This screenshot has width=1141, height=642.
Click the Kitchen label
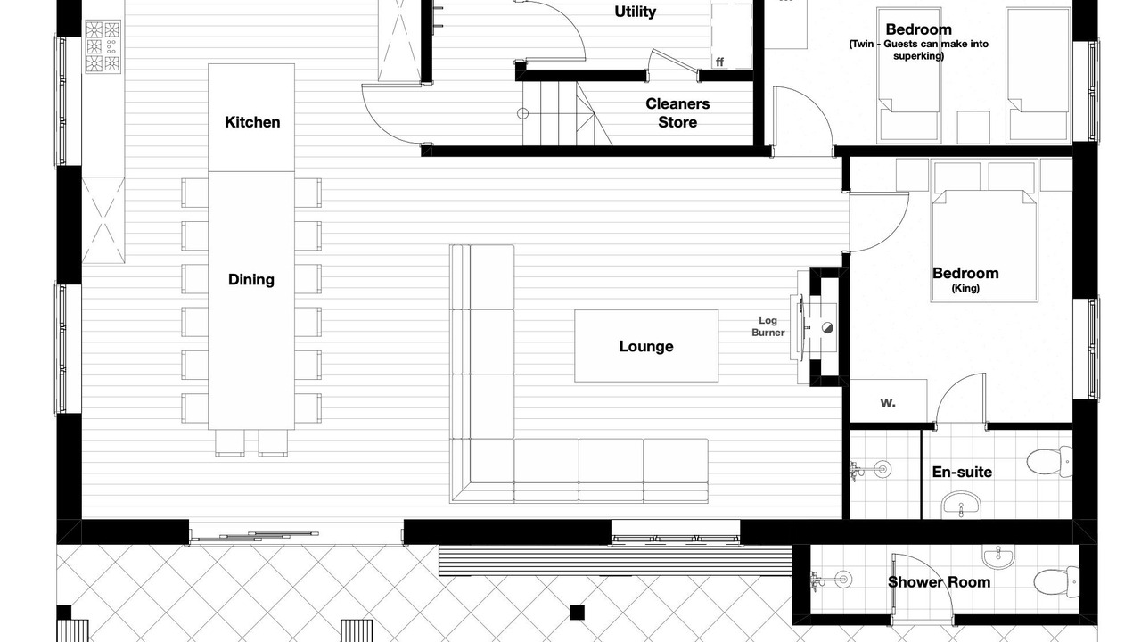point(252,122)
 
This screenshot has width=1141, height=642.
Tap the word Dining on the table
point(251,280)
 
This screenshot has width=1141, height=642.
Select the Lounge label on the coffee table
point(646,347)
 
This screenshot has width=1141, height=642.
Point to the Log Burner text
point(768,326)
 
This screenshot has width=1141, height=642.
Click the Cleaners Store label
point(677,113)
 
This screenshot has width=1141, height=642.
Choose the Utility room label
point(636,12)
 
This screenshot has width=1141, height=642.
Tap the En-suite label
point(962,472)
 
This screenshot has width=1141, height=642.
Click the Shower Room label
point(939,582)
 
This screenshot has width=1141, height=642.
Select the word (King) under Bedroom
point(965,288)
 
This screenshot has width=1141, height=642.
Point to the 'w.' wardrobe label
point(887,403)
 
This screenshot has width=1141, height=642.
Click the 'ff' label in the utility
point(719,62)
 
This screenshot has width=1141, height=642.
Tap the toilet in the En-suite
point(1049,462)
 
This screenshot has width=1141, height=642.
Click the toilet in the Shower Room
point(1056,581)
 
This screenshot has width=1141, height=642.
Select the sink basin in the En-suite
point(961,506)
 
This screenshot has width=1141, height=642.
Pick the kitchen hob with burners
point(103,46)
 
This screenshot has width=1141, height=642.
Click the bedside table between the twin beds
point(973,128)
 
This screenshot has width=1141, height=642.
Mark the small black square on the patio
point(577,613)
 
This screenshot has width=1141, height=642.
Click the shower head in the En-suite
point(882,469)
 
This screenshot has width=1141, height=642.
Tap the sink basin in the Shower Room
point(998,557)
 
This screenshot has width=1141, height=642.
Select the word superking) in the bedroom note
point(918,56)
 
